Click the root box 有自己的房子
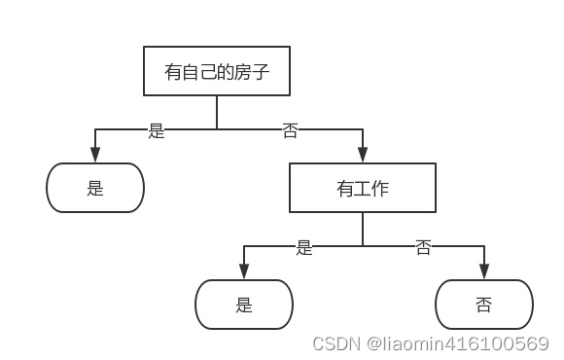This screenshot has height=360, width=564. tap(216, 71)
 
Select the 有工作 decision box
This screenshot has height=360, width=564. tap(362, 188)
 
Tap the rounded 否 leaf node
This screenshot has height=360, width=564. tap(483, 305)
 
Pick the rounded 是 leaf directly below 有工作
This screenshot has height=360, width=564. tap(243, 305)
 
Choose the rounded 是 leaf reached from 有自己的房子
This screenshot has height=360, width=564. tap(95, 188)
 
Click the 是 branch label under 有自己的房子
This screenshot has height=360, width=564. tap(157, 130)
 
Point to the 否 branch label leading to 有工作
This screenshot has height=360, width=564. tap(290, 130)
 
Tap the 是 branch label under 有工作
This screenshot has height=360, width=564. tap(304, 247)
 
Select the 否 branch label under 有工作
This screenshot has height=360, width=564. tap(423, 247)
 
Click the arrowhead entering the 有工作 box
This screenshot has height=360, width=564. tap(362, 155)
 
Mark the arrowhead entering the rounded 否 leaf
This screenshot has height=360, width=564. tap(483, 271)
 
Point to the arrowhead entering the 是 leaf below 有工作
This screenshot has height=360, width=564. tap(243, 271)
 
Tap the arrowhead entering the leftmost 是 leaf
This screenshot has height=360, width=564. tap(95, 155)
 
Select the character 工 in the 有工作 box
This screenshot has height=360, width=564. tap(362, 188)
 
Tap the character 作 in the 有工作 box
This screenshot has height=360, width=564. tap(379, 188)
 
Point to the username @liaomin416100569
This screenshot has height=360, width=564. tap(456, 343)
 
